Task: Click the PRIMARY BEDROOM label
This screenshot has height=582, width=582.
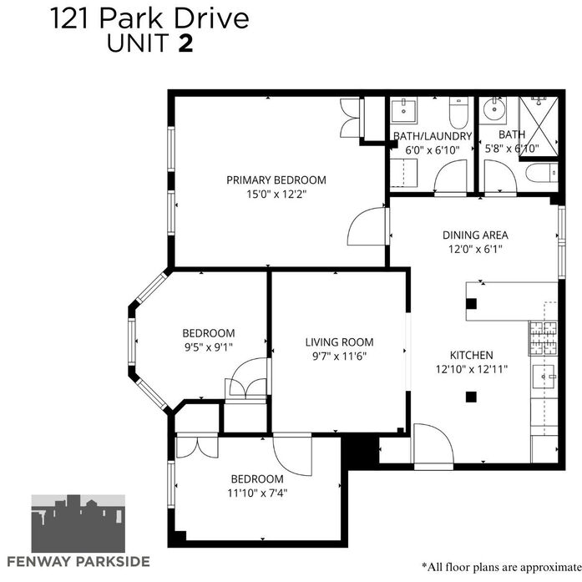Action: click(x=276, y=180)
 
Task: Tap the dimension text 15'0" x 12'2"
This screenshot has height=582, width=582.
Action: click(x=276, y=194)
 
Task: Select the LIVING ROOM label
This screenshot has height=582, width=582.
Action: click(x=339, y=342)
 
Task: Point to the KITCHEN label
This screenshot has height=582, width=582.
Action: click(x=472, y=355)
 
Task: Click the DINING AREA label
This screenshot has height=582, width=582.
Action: click(x=475, y=235)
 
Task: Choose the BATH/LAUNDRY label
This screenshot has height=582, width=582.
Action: click(x=433, y=136)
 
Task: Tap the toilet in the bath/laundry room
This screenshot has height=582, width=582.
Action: click(x=458, y=113)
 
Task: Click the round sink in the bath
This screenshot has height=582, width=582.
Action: click(x=494, y=109)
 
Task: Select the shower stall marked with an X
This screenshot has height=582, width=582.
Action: click(x=539, y=127)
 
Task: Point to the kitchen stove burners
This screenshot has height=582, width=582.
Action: click(x=544, y=338)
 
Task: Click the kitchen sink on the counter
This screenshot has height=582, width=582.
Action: click(x=544, y=377)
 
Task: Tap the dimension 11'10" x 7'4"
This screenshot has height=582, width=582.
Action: click(x=257, y=493)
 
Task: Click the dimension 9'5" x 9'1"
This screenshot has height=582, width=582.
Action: click(x=209, y=347)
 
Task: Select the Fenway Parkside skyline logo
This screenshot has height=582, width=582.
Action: click(x=78, y=524)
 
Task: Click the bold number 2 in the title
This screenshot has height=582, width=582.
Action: click(x=186, y=43)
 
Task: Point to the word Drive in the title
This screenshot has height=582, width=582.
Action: click(x=212, y=18)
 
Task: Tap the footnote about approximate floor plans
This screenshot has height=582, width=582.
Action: click(x=502, y=567)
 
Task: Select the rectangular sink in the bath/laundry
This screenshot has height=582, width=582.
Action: click(x=404, y=110)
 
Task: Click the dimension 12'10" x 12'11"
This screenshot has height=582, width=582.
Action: click(x=472, y=369)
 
